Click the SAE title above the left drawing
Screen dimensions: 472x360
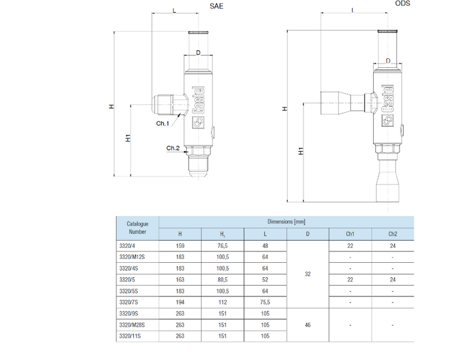tap(217, 6)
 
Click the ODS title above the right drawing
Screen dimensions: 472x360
tap(402, 4)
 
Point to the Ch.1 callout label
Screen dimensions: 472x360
tap(163, 123)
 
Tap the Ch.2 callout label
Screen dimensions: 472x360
tap(173, 148)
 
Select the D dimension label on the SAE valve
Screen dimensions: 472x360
tap(198, 53)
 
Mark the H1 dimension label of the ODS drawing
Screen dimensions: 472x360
tap(300, 151)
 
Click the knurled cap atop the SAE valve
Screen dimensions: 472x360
tap(198, 32)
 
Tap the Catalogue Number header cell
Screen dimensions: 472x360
tap(137, 228)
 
